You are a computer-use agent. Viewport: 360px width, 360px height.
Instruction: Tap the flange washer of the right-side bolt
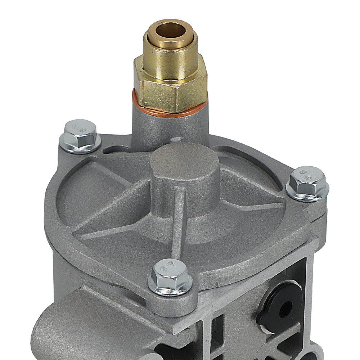[308, 194]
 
